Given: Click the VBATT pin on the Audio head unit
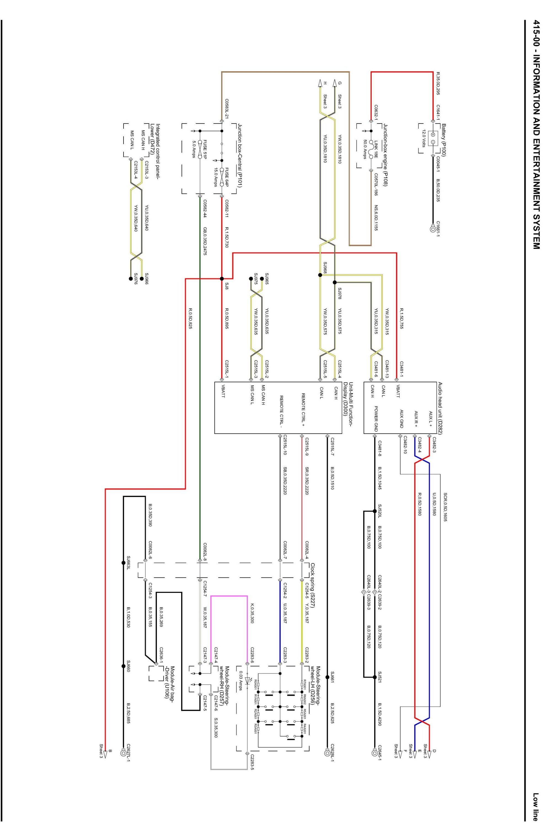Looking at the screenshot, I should point(398,391).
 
